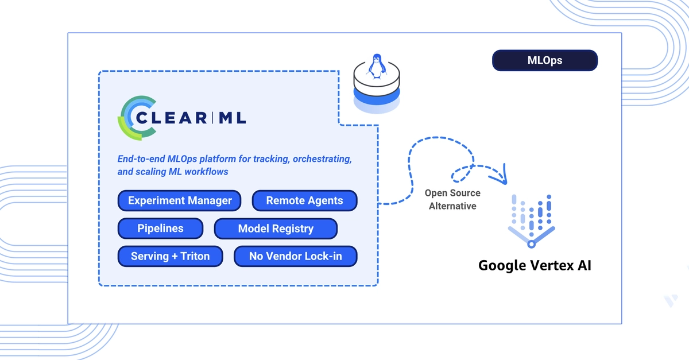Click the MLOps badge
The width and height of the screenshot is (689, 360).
click(545, 60)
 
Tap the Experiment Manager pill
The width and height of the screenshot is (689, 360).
click(179, 200)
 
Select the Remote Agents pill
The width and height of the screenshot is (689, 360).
click(304, 200)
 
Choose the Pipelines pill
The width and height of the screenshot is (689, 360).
click(160, 229)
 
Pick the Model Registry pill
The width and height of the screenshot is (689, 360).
click(276, 229)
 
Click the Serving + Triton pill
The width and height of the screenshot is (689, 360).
click(170, 256)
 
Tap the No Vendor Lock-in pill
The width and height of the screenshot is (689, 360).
click(295, 256)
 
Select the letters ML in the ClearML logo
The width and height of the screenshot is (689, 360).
click(232, 118)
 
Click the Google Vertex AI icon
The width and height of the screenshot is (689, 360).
click(531, 221)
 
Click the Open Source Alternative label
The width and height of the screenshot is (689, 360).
click(452, 199)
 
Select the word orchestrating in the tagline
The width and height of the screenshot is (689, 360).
click(322, 159)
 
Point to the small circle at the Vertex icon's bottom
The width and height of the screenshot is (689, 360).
click(531, 245)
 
